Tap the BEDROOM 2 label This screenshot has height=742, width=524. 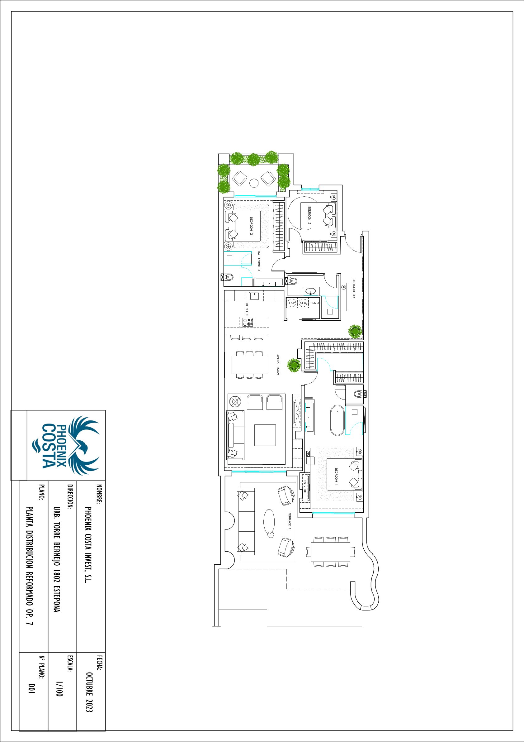click(309, 216)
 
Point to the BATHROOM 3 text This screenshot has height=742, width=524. click(259, 261)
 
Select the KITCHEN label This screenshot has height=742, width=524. click(247, 309)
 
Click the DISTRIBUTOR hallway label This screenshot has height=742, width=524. click(354, 288)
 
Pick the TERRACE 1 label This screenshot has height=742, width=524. click(290, 521)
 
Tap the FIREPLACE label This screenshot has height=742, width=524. click(305, 487)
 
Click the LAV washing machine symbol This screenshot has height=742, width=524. click(292, 303)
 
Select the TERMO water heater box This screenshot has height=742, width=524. click(314, 303)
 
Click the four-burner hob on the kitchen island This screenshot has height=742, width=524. click(247, 322)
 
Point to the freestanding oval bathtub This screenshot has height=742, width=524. click(337, 420)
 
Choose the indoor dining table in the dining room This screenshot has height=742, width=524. click(249, 365)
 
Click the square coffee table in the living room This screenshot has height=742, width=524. click(265, 435)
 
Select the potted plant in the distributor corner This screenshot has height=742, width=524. click(355, 331)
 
